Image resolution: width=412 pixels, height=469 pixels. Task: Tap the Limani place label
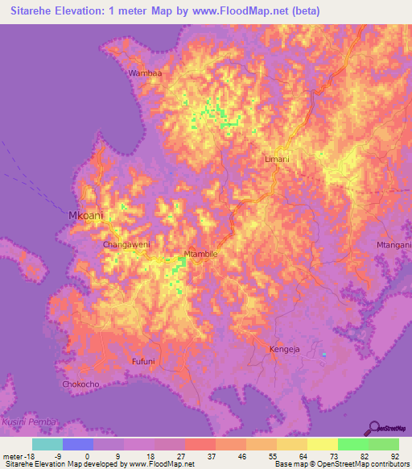[x=277, y=160]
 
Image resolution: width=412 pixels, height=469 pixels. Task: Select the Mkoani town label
[x=84, y=217]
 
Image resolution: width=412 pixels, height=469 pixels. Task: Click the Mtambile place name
[x=201, y=254]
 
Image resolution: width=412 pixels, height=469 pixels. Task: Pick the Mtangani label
[x=393, y=243]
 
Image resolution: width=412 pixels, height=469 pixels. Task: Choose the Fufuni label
[x=143, y=362]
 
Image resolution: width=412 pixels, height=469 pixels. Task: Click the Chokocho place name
[x=80, y=384]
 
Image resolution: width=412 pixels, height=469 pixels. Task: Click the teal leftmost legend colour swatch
[x=47, y=444]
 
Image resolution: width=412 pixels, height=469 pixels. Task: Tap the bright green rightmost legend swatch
[x=384, y=444]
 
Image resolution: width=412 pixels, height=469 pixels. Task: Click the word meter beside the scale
[x=13, y=455]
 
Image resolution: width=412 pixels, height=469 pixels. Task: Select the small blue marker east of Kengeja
[x=324, y=354]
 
